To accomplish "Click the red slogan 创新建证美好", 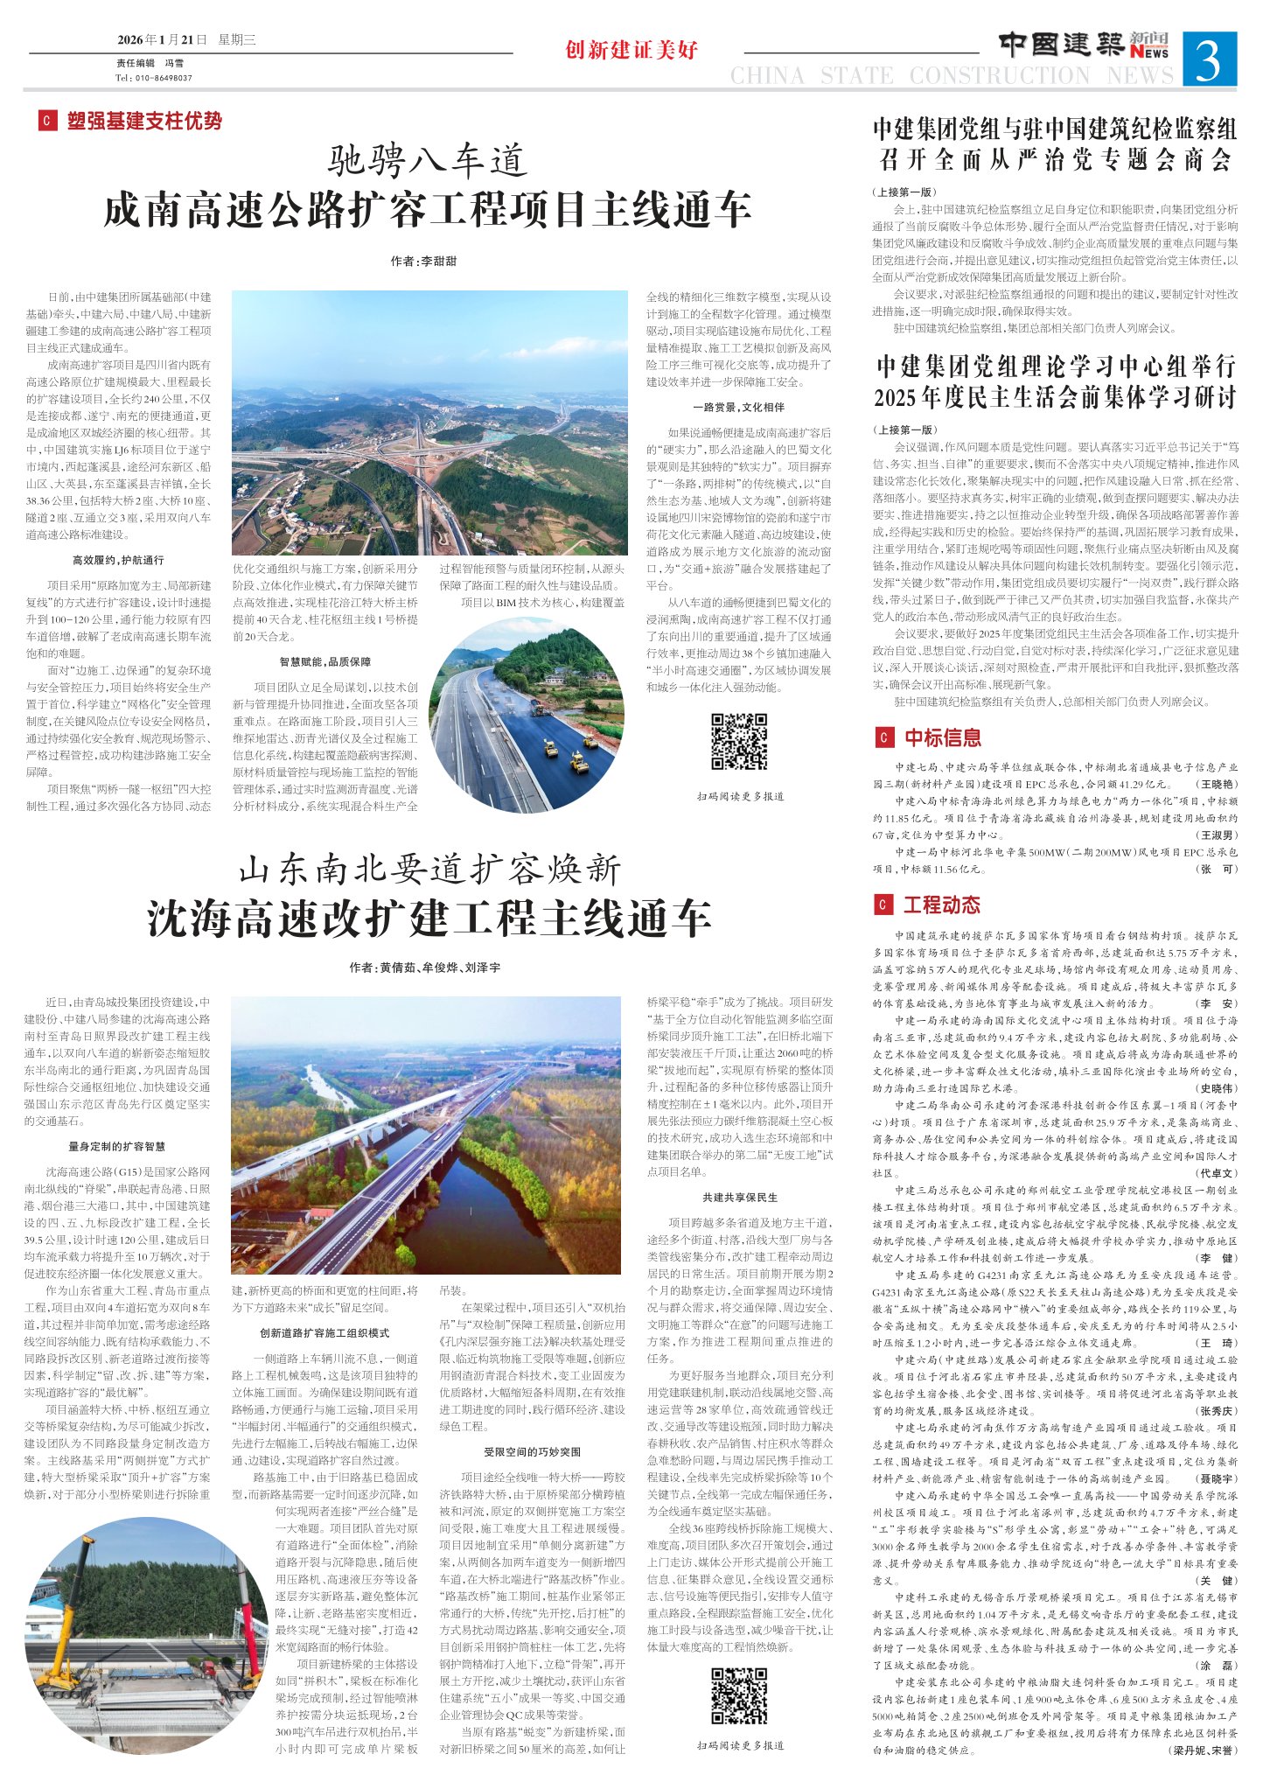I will [x=631, y=50].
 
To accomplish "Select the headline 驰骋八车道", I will [x=428, y=160].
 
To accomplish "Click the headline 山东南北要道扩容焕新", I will [x=429, y=870].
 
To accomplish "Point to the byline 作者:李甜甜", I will [x=423, y=262].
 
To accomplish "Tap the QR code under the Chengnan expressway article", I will [x=738, y=741].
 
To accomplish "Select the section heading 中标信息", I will [x=942, y=737].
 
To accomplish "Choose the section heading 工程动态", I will [x=941, y=905].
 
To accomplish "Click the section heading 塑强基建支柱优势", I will [x=144, y=121].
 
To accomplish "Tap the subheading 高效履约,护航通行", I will [x=118, y=560].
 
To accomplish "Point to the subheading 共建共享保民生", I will [x=739, y=1197].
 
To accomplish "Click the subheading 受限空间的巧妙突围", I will [x=533, y=1452].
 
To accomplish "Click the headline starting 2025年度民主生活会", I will [x=1055, y=398].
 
